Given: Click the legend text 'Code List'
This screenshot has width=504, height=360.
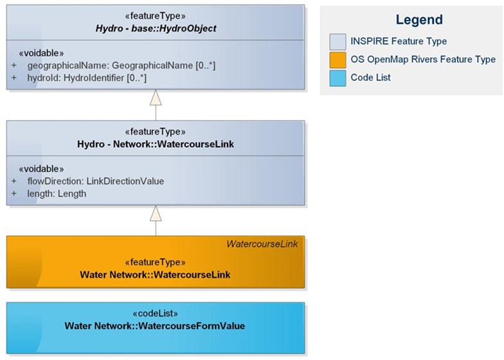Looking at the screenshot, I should point(370,77).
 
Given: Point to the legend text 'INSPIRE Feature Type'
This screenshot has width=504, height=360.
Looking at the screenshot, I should point(399,41).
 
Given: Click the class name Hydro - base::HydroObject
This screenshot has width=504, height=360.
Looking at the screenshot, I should point(155,29).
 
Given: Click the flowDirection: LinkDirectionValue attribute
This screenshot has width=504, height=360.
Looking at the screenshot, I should point(95,181).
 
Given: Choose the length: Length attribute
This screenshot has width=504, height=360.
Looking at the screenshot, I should point(57,193).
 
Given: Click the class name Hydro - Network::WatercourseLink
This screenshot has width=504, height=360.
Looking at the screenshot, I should point(155,144).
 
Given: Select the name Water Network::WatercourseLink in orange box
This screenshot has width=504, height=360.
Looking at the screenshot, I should point(155,274).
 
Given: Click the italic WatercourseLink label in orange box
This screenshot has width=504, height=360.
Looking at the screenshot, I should point(261,244).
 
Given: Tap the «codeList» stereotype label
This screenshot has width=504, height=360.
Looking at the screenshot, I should point(155,314).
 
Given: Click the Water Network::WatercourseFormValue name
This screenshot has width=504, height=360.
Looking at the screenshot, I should point(155,326).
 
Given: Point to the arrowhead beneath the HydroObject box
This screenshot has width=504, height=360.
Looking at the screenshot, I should point(155,98).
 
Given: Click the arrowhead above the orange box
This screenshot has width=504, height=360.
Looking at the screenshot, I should point(155,214).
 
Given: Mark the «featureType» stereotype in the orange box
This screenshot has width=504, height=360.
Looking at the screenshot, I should point(155,262).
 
